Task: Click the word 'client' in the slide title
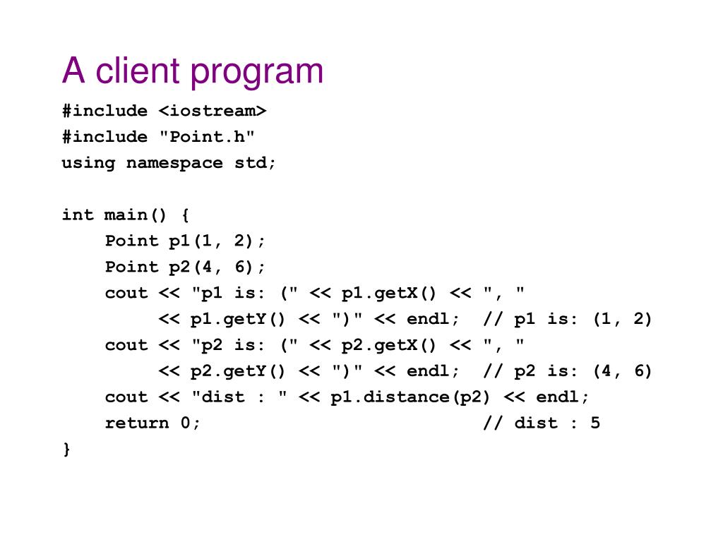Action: [x=136, y=71]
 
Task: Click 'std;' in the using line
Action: [x=256, y=163]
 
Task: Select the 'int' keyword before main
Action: [x=78, y=215]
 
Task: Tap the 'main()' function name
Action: [x=137, y=215]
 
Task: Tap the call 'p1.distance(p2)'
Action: [x=411, y=397]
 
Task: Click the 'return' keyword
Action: [x=137, y=423]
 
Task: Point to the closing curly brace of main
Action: [x=66, y=449]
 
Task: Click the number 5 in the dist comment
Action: [x=595, y=423]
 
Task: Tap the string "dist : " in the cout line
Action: [x=239, y=397]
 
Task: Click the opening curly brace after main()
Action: [x=185, y=215]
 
